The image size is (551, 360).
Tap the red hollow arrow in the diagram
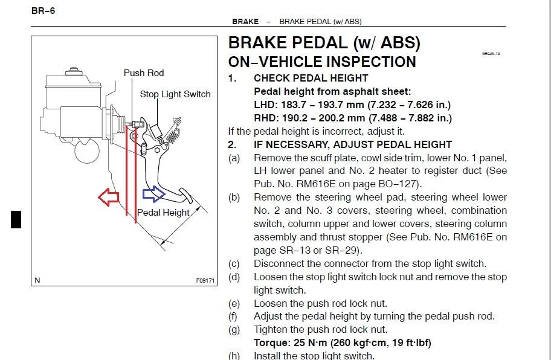pos(109,196)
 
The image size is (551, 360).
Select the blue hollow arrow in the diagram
pos(153,194)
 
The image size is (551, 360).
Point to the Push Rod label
pos(144,73)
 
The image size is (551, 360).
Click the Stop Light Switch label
pos(175,94)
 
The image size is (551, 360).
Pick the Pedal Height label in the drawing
pos(163,213)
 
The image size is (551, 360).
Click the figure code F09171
pos(205,281)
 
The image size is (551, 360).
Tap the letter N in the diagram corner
pos(37,280)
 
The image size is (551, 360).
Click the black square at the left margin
pos(16,219)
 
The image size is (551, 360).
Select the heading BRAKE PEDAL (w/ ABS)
pos(324,43)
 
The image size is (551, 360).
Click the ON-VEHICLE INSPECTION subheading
pos(321,62)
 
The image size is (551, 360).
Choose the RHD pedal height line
pos(353,118)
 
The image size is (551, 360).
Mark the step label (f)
pos(233,317)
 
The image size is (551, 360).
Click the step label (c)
pos(233,264)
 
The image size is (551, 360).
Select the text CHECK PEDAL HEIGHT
pos(311,78)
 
